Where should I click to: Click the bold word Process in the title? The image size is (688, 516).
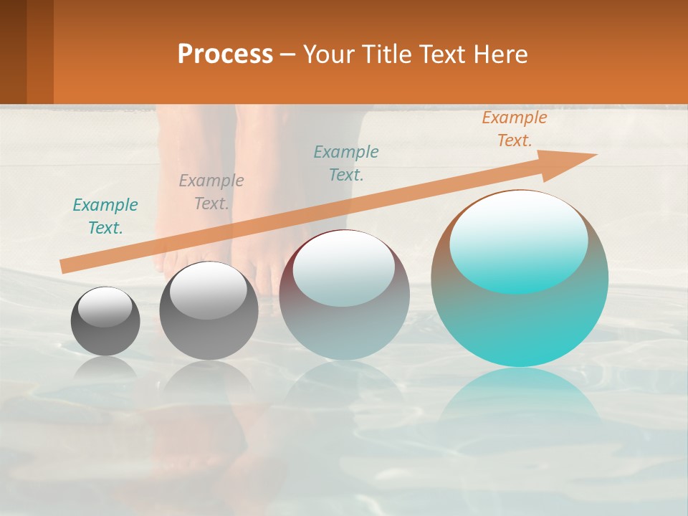click(x=225, y=54)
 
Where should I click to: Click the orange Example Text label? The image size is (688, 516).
click(x=514, y=129)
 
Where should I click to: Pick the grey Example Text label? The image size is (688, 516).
click(x=211, y=192)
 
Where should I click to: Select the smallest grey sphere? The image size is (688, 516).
click(x=105, y=321)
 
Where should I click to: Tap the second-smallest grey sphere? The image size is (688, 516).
click(x=209, y=310)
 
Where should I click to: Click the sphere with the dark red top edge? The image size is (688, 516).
click(x=344, y=295)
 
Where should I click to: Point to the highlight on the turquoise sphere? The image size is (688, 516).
click(x=518, y=242)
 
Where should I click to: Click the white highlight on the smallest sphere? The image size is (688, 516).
click(x=105, y=307)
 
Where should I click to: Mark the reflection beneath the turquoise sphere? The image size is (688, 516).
click(x=520, y=401)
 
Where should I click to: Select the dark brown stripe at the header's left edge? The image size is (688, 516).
click(x=13, y=52)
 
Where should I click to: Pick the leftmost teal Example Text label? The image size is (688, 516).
click(x=105, y=216)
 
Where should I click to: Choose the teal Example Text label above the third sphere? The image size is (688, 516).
click(x=346, y=163)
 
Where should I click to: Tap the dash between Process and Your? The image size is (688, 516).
click(x=287, y=54)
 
